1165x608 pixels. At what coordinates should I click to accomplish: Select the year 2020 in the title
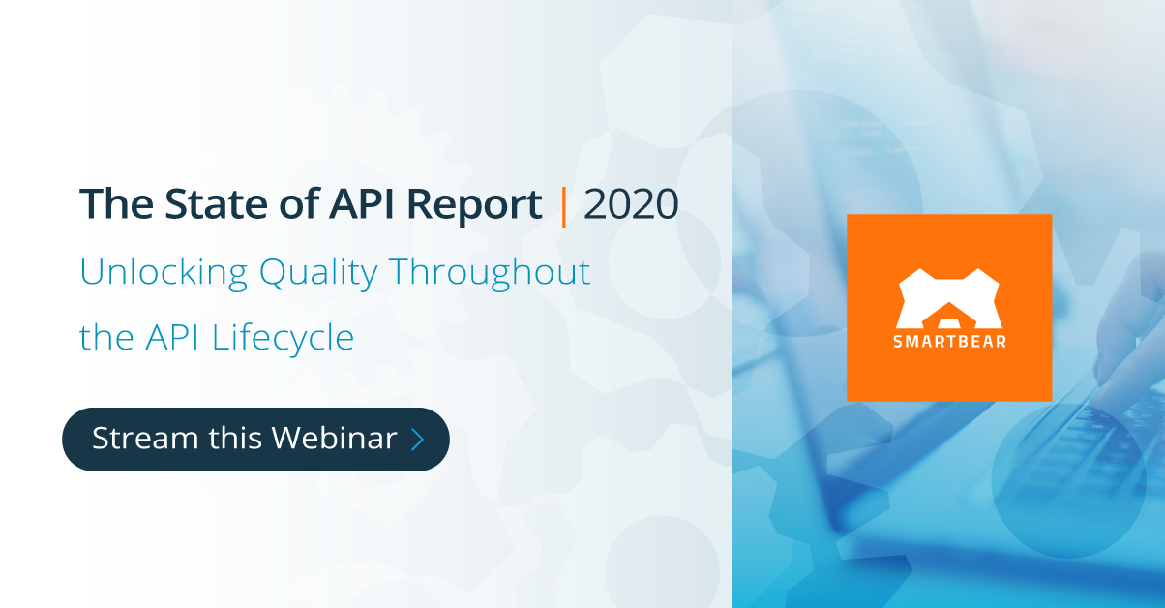(631, 205)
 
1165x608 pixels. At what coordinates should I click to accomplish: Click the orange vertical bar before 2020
(563, 205)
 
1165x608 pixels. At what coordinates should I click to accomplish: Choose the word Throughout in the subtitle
(490, 272)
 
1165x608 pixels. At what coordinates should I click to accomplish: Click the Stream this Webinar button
(255, 439)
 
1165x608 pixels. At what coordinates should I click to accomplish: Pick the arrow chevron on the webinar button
(418, 440)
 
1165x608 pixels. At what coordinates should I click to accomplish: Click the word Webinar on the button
(334, 439)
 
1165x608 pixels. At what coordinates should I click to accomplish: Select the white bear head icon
(948, 298)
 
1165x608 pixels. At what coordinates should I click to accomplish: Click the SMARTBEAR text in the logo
(948, 342)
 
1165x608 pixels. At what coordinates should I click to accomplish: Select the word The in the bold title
(109, 205)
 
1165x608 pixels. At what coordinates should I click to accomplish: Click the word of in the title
(290, 205)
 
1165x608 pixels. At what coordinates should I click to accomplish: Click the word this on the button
(235, 439)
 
